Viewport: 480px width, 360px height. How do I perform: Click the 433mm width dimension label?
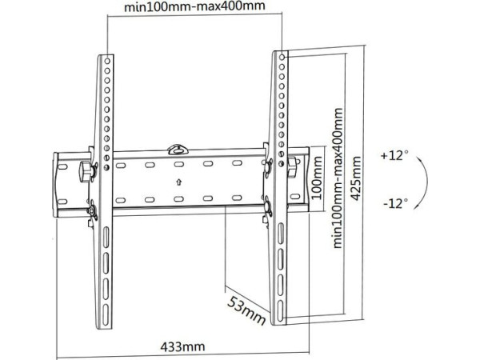pos(182,347)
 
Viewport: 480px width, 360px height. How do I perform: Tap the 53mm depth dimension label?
pos(246,310)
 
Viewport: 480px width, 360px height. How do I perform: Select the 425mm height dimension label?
pos(356,178)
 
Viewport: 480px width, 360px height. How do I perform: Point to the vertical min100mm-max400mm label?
pos(338,178)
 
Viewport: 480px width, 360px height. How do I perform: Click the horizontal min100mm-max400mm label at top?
pos(194,6)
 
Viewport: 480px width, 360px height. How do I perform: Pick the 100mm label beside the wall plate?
pos(317,178)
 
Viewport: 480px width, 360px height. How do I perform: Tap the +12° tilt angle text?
pos(394,155)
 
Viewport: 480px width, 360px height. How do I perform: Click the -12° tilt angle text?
pos(396,203)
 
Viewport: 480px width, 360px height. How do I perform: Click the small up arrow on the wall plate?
pos(179,182)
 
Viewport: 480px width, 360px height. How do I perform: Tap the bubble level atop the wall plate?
pos(178,149)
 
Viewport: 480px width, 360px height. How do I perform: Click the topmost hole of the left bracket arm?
pos(107,62)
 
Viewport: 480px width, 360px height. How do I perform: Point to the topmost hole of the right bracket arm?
pos(282,57)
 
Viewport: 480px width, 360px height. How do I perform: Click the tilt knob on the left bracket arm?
pos(86,171)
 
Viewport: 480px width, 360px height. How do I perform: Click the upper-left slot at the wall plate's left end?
pos(62,167)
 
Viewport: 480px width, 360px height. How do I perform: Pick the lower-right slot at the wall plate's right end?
pos(295,196)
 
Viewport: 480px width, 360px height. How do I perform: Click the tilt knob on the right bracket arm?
pos(293,166)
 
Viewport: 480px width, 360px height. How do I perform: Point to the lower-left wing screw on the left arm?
pos(91,210)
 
